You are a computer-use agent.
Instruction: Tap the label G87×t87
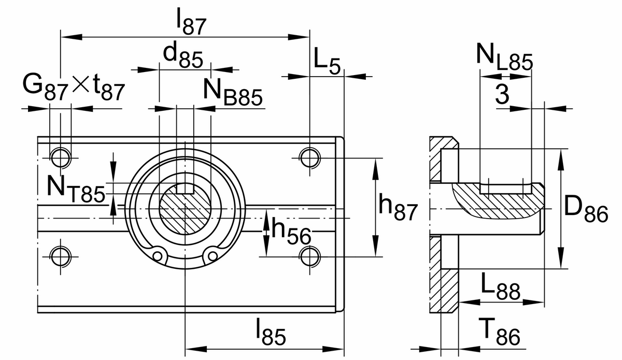pos(74,88)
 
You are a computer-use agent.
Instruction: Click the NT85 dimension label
pos(75,188)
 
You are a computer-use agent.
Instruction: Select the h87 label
pos(398,208)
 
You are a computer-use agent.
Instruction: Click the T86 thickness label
pos(498,333)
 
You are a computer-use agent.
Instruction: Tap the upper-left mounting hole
pos(61,156)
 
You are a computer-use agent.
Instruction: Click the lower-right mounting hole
pos(309,255)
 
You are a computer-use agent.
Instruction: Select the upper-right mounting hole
pos(309,156)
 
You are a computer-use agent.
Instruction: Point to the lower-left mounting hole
pos(61,255)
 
